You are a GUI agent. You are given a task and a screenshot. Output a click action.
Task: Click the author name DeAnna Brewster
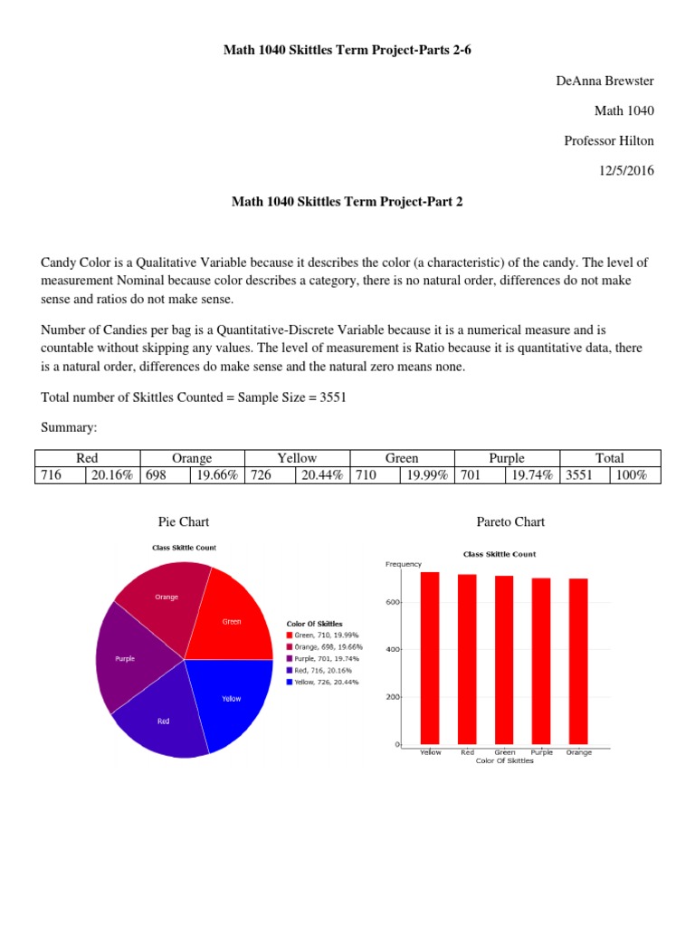pyautogui.click(x=604, y=81)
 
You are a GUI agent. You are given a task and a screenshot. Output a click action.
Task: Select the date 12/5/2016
pyautogui.click(x=624, y=170)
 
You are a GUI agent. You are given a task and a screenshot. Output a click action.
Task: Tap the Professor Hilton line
pyautogui.click(x=608, y=140)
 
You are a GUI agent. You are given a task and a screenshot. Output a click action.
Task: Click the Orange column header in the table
pyautogui.click(x=191, y=458)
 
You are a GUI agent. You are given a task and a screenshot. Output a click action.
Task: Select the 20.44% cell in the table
pyautogui.click(x=321, y=474)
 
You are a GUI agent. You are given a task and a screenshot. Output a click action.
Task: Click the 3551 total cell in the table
pyautogui.click(x=578, y=474)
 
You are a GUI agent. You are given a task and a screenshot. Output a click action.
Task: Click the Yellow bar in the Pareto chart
pyautogui.click(x=430, y=659)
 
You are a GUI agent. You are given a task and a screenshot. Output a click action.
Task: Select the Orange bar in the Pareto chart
pyautogui.click(x=578, y=663)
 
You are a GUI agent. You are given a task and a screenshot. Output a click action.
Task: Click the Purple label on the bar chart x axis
pyautogui.click(x=541, y=752)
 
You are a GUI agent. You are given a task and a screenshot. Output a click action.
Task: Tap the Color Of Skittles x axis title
pyautogui.click(x=504, y=761)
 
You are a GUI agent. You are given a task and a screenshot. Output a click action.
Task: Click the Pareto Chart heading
pyautogui.click(x=510, y=522)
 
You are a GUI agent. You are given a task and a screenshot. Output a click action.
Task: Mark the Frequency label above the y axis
pyautogui.click(x=404, y=564)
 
